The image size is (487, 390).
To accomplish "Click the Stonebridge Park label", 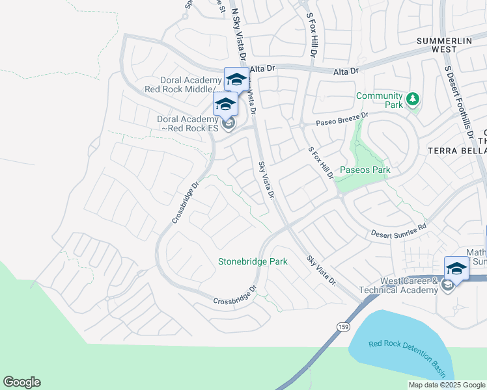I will coord(253,261).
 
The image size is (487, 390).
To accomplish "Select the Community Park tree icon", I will coord(411,99).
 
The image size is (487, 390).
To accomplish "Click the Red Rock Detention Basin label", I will coord(408,357).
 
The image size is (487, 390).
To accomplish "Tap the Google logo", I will coord(21,382).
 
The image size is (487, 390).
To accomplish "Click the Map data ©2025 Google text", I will coord(446,385).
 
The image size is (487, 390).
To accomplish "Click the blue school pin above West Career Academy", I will coord(456,268).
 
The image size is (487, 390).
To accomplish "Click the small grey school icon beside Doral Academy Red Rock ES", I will coord(228,123).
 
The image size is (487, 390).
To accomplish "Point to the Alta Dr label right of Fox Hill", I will coord(346,71).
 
